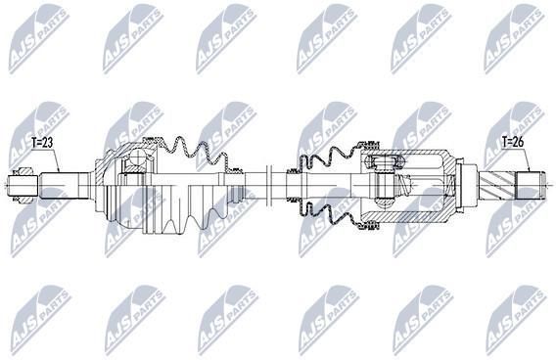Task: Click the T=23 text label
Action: tap(42, 143)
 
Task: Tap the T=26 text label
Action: tap(513, 142)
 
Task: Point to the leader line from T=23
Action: tap(46, 159)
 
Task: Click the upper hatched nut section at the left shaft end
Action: tap(23, 171)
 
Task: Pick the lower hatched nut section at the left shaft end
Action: tap(23, 200)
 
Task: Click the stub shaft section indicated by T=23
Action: tap(59, 185)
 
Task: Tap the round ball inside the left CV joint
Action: tap(137, 157)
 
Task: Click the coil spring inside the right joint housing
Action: tap(402, 185)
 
